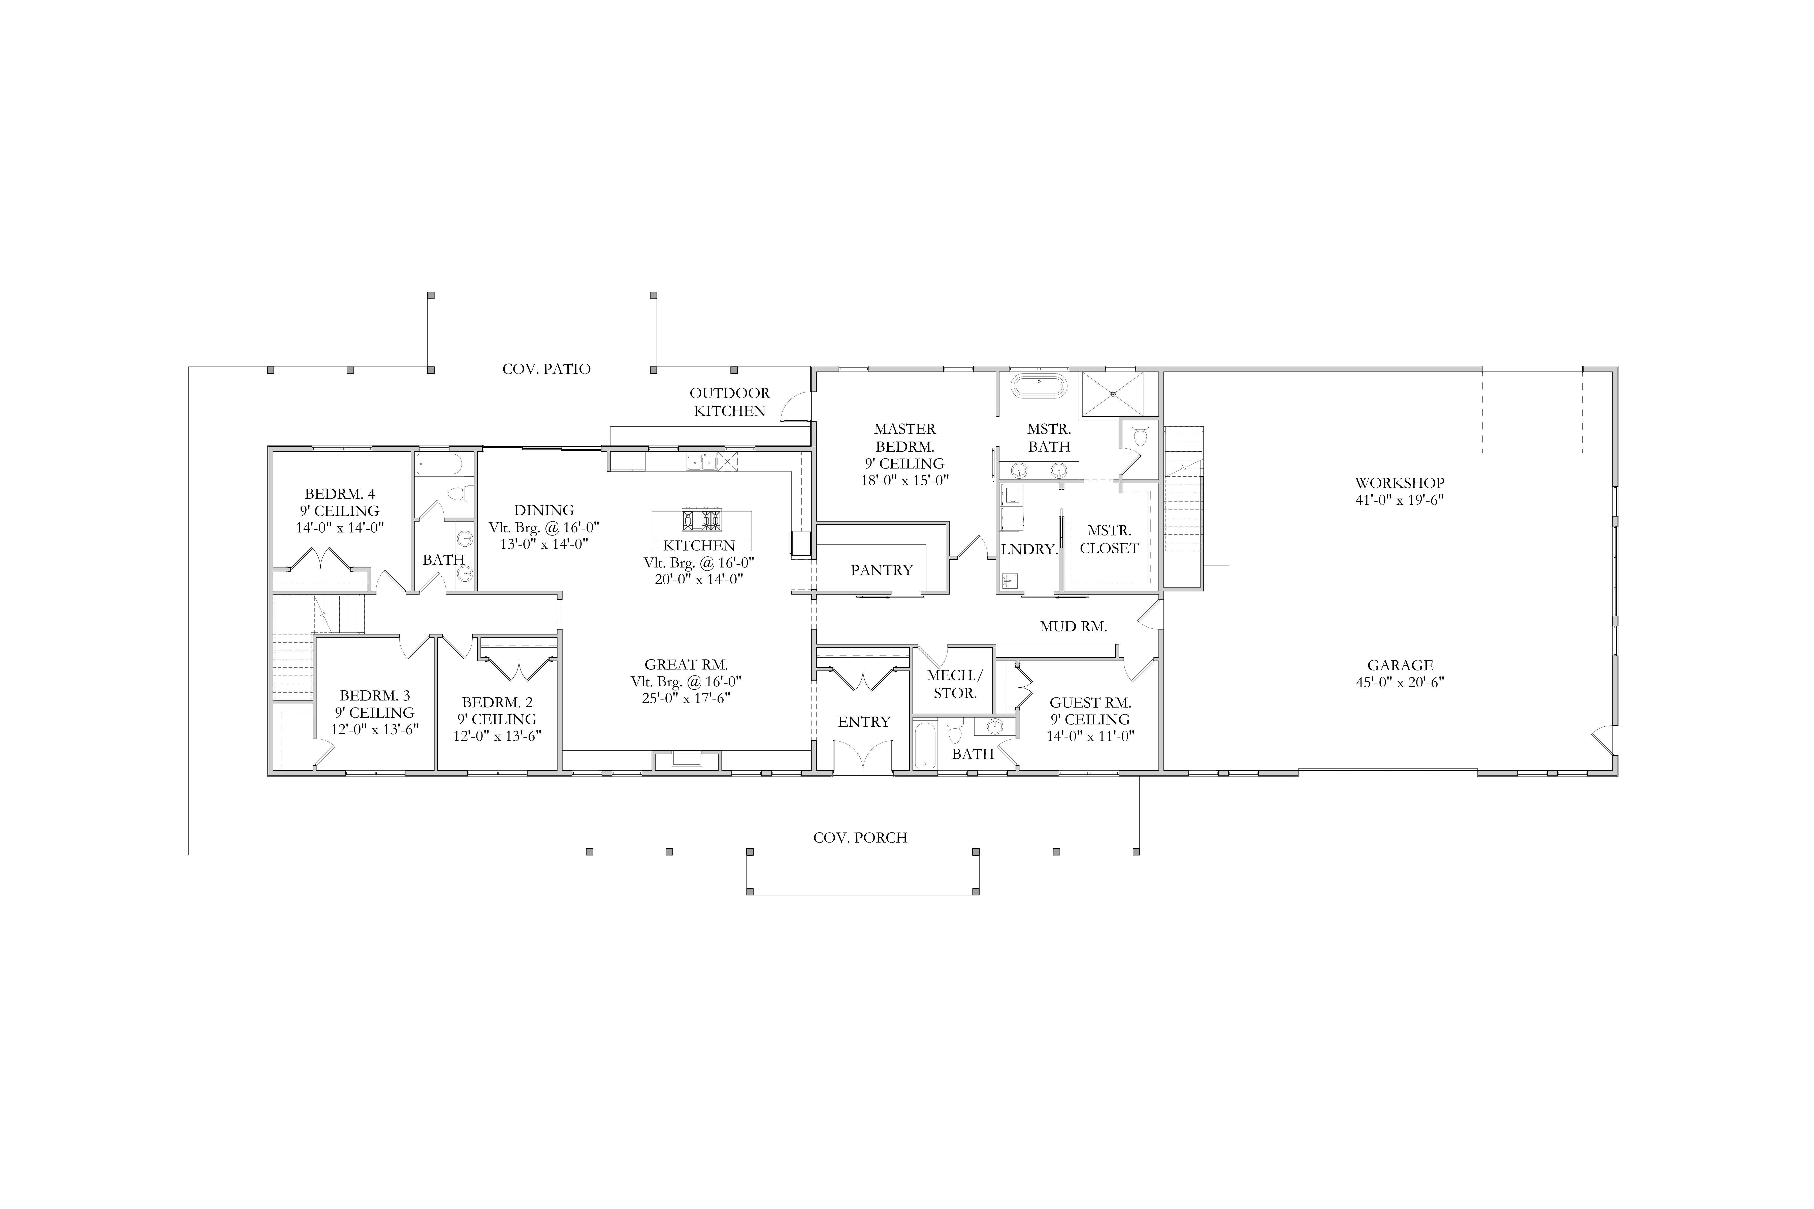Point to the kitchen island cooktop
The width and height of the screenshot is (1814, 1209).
click(x=702, y=520)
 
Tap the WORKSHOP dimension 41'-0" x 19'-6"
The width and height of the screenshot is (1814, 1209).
click(x=1400, y=500)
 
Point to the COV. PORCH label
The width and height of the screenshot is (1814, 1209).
click(x=860, y=837)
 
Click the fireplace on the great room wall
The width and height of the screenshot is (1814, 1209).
click(x=686, y=760)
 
